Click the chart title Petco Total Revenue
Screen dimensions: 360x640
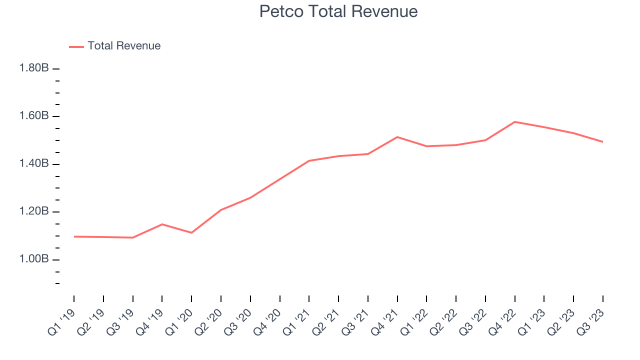click(x=338, y=11)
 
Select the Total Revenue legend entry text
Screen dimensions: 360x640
click(x=124, y=46)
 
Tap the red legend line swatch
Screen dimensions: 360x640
click(x=76, y=46)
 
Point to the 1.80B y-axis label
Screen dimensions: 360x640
click(x=34, y=68)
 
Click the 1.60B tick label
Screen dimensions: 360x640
click(x=34, y=116)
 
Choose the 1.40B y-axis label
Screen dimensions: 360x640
click(x=34, y=164)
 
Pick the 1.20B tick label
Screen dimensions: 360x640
click(x=34, y=211)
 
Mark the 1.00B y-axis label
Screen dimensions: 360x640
click(x=34, y=259)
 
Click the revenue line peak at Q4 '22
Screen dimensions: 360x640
click(x=514, y=121)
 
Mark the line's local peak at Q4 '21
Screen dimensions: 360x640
click(x=397, y=136)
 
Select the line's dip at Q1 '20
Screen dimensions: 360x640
click(x=191, y=232)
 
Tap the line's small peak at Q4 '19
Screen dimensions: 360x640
click(x=162, y=224)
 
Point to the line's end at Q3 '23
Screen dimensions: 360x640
click(x=602, y=141)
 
